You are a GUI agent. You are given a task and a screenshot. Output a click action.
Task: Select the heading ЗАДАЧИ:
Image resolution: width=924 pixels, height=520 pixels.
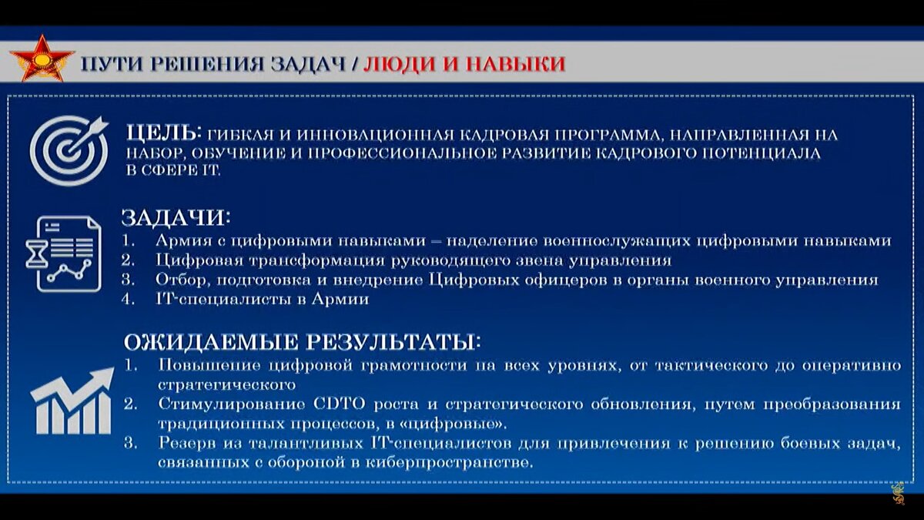tap(176, 216)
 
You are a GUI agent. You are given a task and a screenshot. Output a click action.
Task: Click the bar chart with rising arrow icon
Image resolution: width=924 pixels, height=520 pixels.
tap(71, 401)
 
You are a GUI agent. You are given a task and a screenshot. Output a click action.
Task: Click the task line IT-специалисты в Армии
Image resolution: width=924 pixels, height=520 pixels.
tap(263, 300)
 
